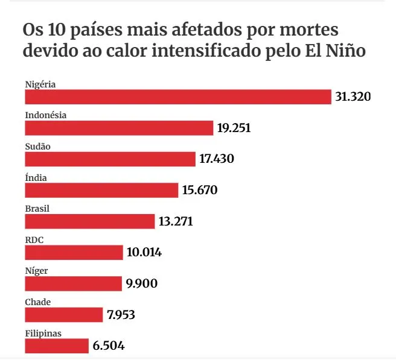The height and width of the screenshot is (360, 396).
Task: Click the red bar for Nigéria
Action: pyautogui.click(x=178, y=96)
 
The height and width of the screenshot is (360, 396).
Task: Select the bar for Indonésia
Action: pyautogui.click(x=119, y=128)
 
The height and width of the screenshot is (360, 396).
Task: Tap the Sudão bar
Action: pyautogui.click(x=110, y=159)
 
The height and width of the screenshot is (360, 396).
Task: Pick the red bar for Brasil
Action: pyautogui.click(x=90, y=221)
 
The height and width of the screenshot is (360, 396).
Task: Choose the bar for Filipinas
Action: pyautogui.click(x=57, y=346)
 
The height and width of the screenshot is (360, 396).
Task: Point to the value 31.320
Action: pyautogui.click(x=353, y=96)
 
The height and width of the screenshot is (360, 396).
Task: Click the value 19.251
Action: pyautogui.click(x=234, y=128)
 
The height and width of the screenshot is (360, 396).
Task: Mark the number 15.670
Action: pyautogui.click(x=200, y=190)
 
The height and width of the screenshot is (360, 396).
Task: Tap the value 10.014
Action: pyautogui.click(x=144, y=252)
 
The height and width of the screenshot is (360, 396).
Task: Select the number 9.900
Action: pyautogui.click(x=141, y=283)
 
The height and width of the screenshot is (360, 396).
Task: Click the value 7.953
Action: pyautogui.click(x=121, y=315)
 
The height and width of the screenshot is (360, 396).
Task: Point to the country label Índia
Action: pyautogui.click(x=36, y=178)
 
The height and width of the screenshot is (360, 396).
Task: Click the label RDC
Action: pyautogui.click(x=34, y=240)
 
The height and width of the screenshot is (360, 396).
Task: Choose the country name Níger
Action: pyautogui.click(x=36, y=271)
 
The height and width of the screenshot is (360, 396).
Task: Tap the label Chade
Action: pyautogui.click(x=38, y=302)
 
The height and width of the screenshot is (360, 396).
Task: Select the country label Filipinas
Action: pyautogui.click(x=43, y=333)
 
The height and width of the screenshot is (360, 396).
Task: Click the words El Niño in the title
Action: pyautogui.click(x=336, y=51)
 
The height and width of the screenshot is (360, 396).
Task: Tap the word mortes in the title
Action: pyautogui.click(x=309, y=30)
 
